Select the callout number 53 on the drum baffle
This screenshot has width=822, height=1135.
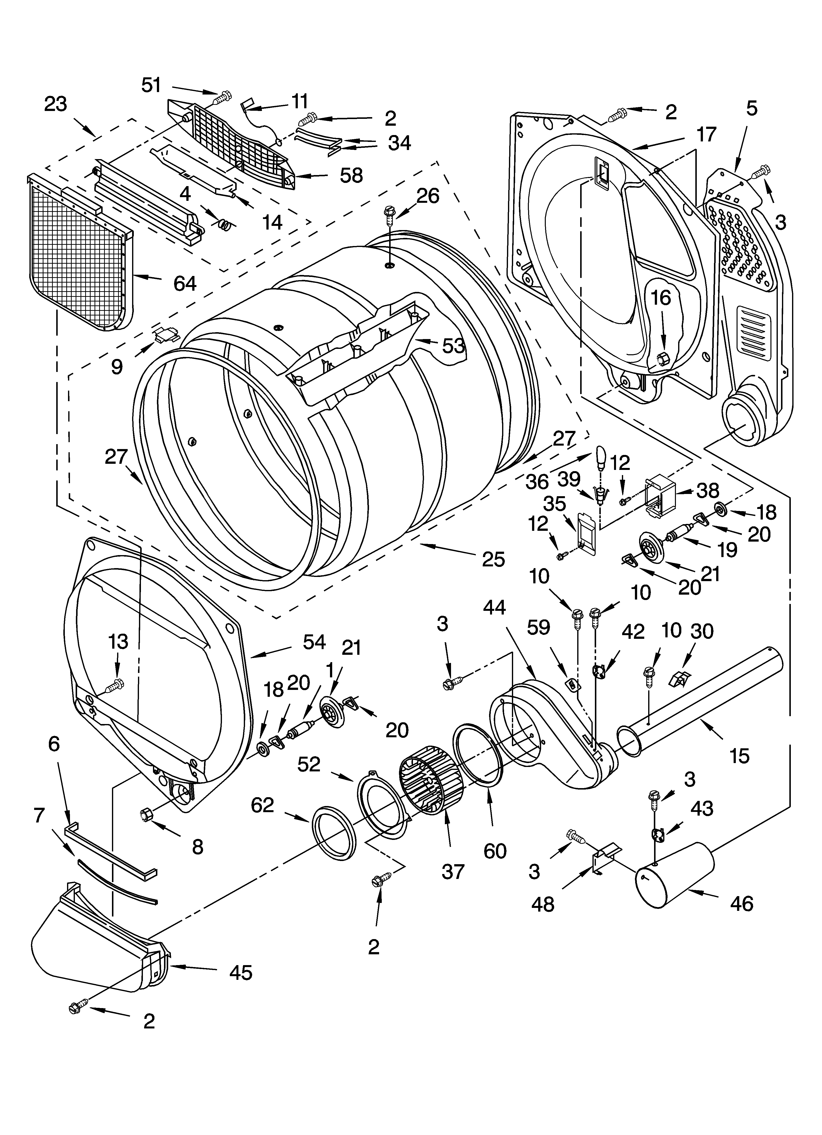pos(453,345)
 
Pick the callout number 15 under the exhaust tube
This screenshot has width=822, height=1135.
pos(740,756)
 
